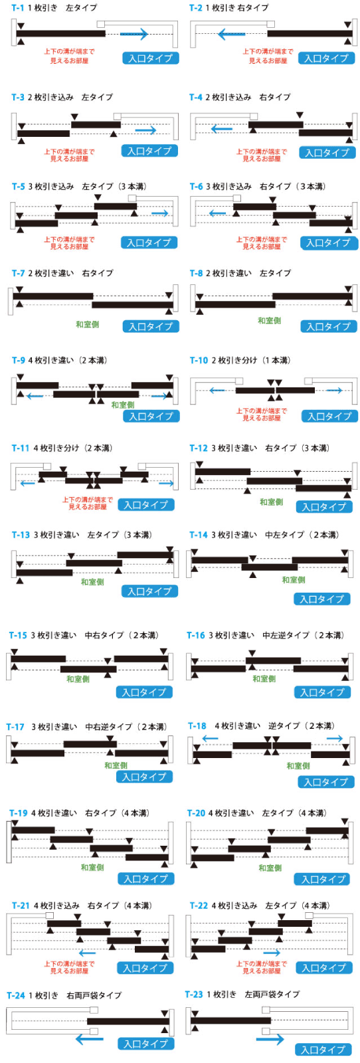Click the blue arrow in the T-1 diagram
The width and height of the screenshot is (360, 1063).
[x=134, y=34]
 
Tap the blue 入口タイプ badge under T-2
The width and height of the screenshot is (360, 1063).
[x=326, y=58]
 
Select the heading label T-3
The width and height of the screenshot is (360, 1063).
[x=17, y=97]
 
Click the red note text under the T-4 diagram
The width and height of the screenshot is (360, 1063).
[x=262, y=155]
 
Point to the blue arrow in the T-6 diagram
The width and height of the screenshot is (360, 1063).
[x=217, y=213]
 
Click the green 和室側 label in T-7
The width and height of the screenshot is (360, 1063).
[x=87, y=325]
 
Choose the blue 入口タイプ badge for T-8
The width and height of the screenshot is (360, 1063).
[x=328, y=326]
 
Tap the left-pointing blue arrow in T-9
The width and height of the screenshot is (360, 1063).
[x=35, y=395]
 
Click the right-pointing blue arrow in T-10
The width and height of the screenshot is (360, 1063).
[x=334, y=391]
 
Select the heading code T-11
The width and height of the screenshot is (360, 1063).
[x=21, y=448]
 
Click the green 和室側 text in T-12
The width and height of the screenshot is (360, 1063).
[x=271, y=502]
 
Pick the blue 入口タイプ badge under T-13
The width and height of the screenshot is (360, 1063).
[x=149, y=591]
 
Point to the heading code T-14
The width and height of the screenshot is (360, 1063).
[x=198, y=535]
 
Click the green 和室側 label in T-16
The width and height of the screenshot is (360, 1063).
[x=264, y=679]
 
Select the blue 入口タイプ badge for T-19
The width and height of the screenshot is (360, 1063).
[x=145, y=879]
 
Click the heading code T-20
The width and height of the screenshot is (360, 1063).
[x=196, y=813]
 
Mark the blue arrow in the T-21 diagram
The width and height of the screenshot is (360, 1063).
[x=87, y=953]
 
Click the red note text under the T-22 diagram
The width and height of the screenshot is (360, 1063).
[x=262, y=967]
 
